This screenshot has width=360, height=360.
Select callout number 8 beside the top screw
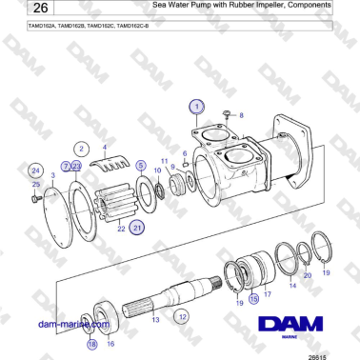click(x=241, y=115)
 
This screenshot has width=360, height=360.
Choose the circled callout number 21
click(x=138, y=228)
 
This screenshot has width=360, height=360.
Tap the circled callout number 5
click(x=141, y=166)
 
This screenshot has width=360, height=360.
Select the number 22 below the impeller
click(x=122, y=229)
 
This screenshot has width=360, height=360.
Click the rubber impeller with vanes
click(x=117, y=200)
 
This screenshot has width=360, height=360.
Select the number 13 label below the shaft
click(x=156, y=321)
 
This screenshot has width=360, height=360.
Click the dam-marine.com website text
click(x=69, y=325)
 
